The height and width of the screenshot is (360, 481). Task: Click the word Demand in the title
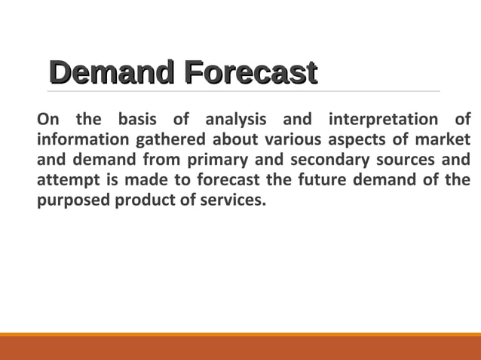coord(111,73)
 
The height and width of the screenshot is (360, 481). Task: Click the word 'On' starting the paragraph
coord(47,120)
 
